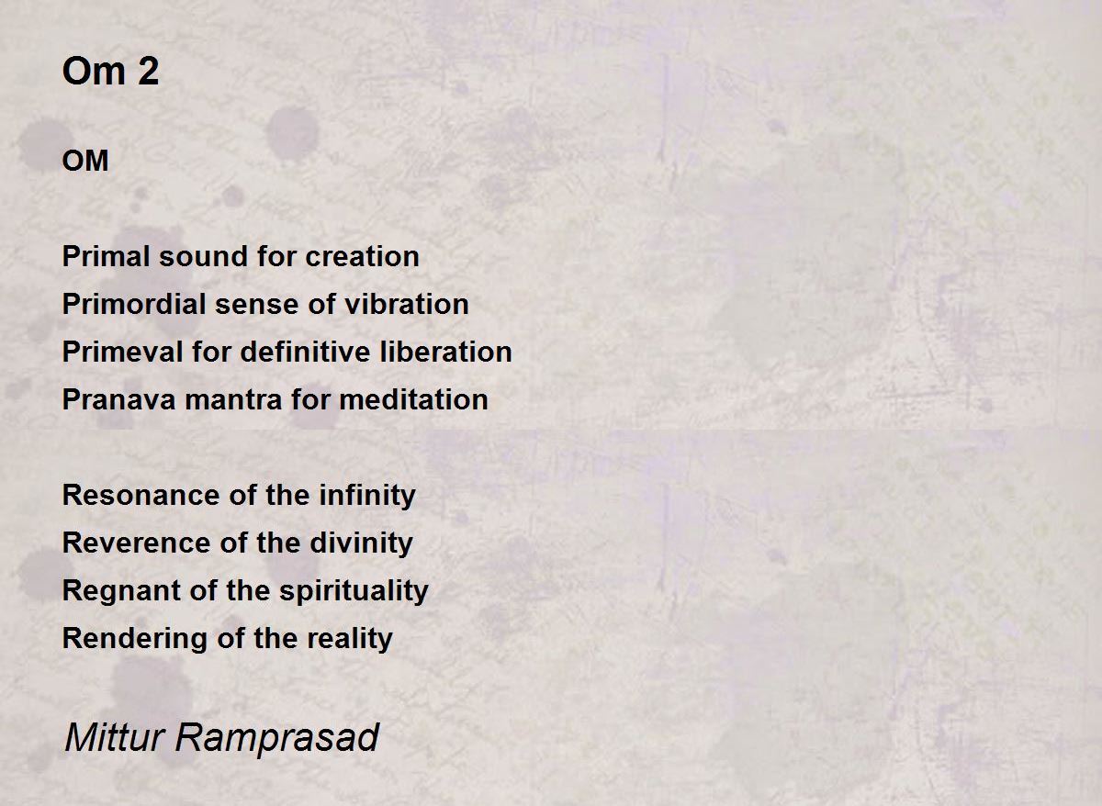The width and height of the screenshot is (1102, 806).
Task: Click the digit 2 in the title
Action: (x=148, y=72)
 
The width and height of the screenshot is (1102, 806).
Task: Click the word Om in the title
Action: (x=94, y=72)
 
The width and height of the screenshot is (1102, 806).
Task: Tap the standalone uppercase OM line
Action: (x=85, y=161)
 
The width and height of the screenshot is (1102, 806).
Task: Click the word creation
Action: (x=362, y=256)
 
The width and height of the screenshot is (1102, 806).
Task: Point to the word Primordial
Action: (x=134, y=304)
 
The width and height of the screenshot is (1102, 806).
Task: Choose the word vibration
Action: (x=406, y=304)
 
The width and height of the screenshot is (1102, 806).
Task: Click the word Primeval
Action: (x=122, y=352)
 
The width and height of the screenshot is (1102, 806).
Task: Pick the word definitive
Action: (x=305, y=352)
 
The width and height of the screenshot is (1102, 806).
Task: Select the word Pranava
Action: (x=118, y=399)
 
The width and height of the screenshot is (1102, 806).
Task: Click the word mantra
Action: (x=233, y=399)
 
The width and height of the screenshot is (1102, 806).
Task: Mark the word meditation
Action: (x=414, y=399)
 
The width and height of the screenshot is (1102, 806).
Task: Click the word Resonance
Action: (x=141, y=495)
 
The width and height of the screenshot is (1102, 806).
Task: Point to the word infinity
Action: (x=367, y=496)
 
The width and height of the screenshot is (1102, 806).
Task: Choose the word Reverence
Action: (x=136, y=543)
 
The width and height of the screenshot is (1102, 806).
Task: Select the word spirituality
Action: (x=354, y=591)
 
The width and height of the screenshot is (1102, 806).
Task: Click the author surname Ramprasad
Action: (x=277, y=739)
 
